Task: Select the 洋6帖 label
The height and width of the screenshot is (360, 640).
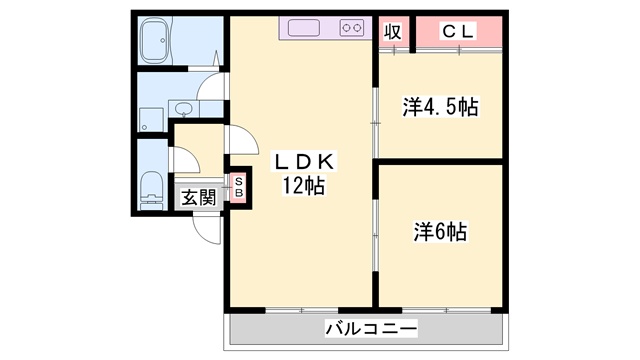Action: [x=441, y=232]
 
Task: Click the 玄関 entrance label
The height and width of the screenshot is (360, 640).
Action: [x=198, y=197]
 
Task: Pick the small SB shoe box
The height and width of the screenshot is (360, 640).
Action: [x=239, y=186]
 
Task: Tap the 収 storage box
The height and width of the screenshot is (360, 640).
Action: [x=393, y=31]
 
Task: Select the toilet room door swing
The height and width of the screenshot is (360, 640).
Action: [x=183, y=158]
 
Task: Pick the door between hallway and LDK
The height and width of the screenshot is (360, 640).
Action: [x=236, y=140]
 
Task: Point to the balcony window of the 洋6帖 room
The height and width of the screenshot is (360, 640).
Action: [x=440, y=308]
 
